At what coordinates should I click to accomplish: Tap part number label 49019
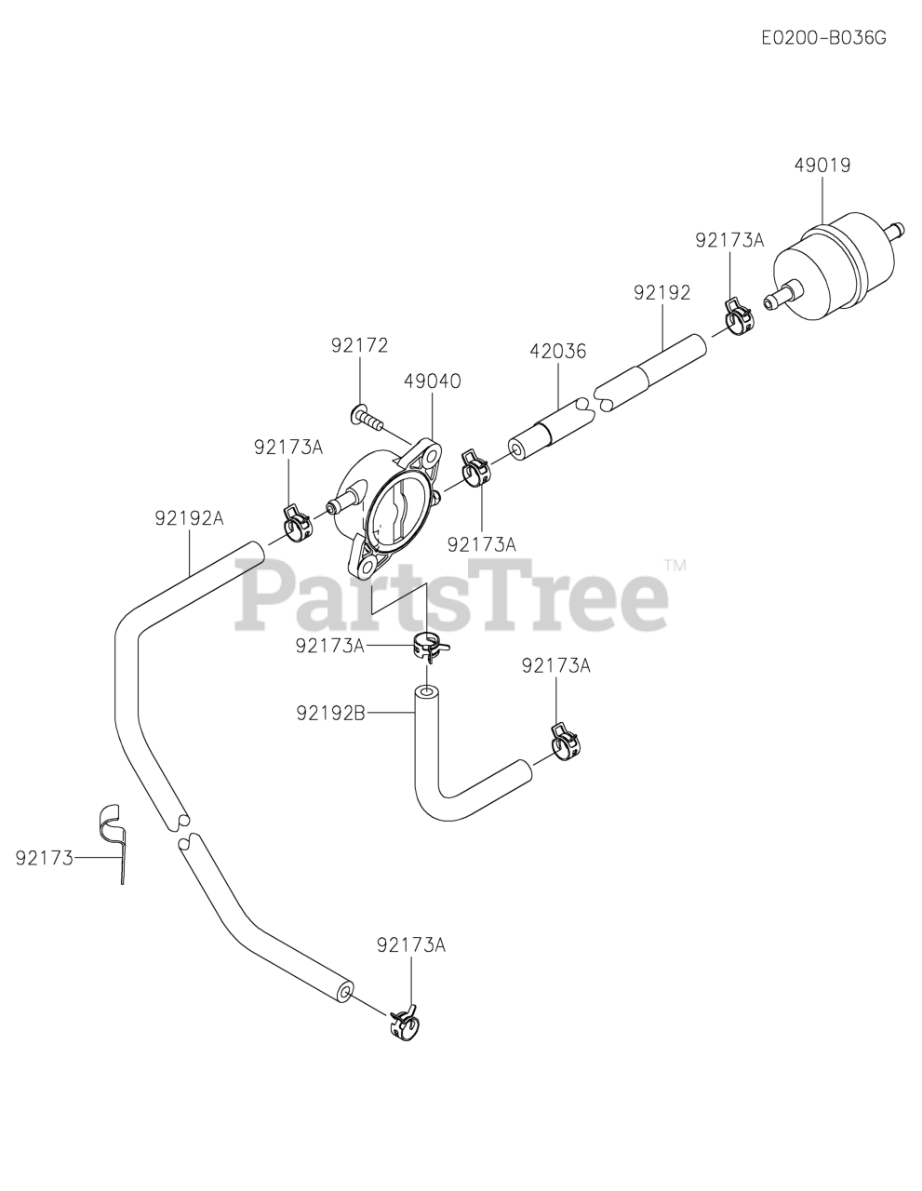click(x=822, y=166)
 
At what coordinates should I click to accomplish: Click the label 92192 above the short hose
click(x=662, y=293)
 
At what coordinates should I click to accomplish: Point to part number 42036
click(x=558, y=352)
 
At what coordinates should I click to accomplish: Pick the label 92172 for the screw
click(x=359, y=346)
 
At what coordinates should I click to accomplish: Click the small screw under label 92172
click(x=368, y=418)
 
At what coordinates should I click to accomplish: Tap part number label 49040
click(x=433, y=381)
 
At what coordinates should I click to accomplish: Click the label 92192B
click(x=330, y=713)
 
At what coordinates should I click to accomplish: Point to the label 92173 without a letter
click(x=44, y=858)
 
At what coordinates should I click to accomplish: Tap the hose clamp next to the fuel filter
click(x=739, y=315)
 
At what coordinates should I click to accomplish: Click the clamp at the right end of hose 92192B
click(x=565, y=741)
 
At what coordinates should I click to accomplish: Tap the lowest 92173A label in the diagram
click(x=411, y=945)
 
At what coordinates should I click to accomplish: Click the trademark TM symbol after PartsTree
click(x=675, y=565)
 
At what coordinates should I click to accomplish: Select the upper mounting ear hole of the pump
click(x=429, y=457)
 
